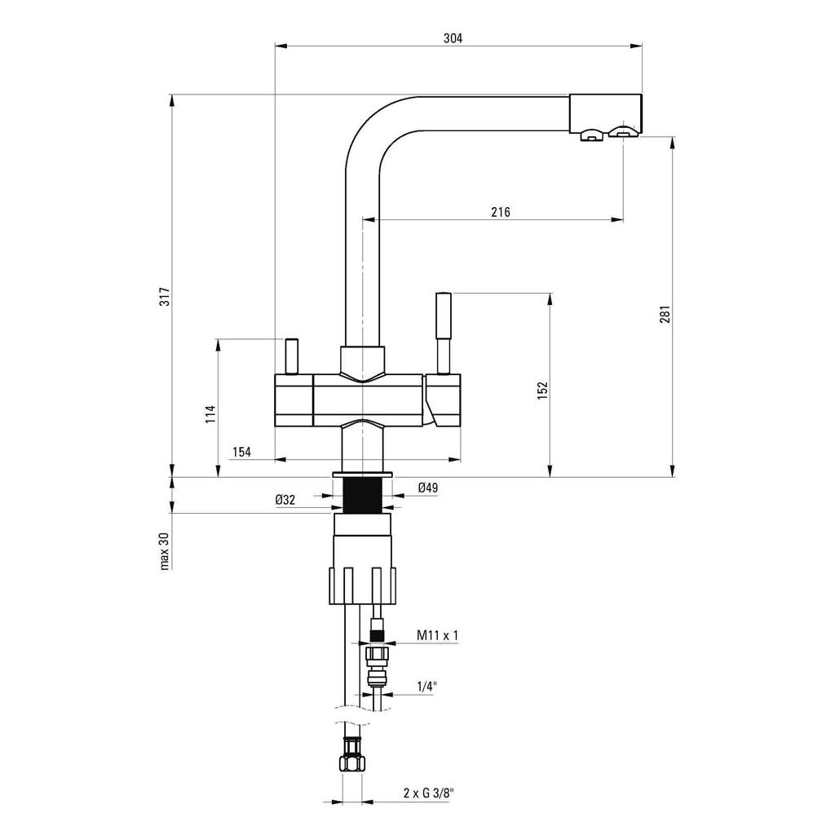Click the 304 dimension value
pyautogui.click(x=453, y=38)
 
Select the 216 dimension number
pyautogui.click(x=501, y=212)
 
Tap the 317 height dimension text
pyautogui.click(x=166, y=296)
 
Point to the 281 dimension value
pyautogui.click(x=665, y=314)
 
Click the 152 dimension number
pyautogui.click(x=542, y=391)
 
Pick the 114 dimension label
pyautogui.click(x=211, y=414)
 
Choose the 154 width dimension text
pyautogui.click(x=241, y=452)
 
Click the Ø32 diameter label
pyautogui.click(x=285, y=500)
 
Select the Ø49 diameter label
pyautogui.click(x=428, y=488)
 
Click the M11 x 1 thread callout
pyautogui.click(x=437, y=634)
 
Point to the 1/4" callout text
pyautogui.click(x=426, y=687)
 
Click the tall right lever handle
pyautogui.click(x=444, y=334)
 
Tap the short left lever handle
pyautogui.click(x=291, y=356)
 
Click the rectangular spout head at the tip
pyautogui.click(x=606, y=114)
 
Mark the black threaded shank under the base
pyautogui.click(x=362, y=495)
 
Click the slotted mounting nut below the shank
pyautogui.click(x=363, y=585)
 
